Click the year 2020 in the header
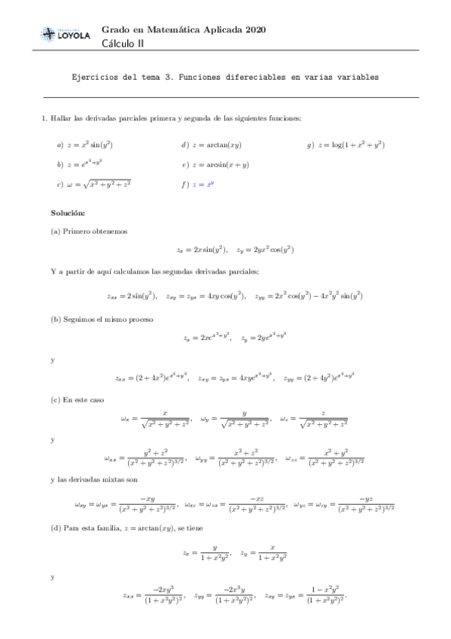coord(254,29)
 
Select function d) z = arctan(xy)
coord(215,145)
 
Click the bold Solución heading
coord(68,214)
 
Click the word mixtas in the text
coord(108,480)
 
